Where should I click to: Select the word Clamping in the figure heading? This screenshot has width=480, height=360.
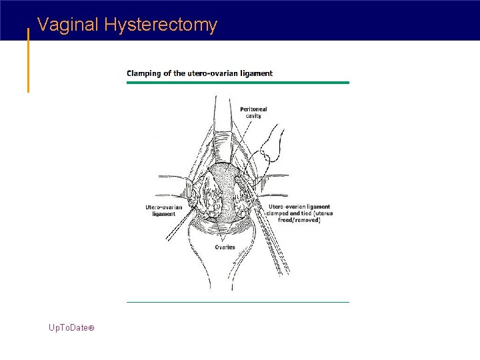[x=144, y=73]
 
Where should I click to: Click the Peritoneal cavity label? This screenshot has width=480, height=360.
[x=253, y=112]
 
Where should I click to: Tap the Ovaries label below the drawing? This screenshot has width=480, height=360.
[x=225, y=247]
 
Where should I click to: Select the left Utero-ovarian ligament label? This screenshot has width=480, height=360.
[x=164, y=211]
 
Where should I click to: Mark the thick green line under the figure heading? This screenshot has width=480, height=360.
[x=237, y=83]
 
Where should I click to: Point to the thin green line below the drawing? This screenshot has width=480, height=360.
[x=237, y=302]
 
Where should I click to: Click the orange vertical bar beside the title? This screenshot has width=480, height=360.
[x=28, y=60]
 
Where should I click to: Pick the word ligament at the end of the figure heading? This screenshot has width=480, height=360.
[x=257, y=73]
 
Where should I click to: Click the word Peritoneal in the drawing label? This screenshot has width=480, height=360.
[x=253, y=109]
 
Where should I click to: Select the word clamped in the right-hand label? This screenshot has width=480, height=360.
[x=281, y=213]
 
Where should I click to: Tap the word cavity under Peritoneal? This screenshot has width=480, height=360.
[x=253, y=116]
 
